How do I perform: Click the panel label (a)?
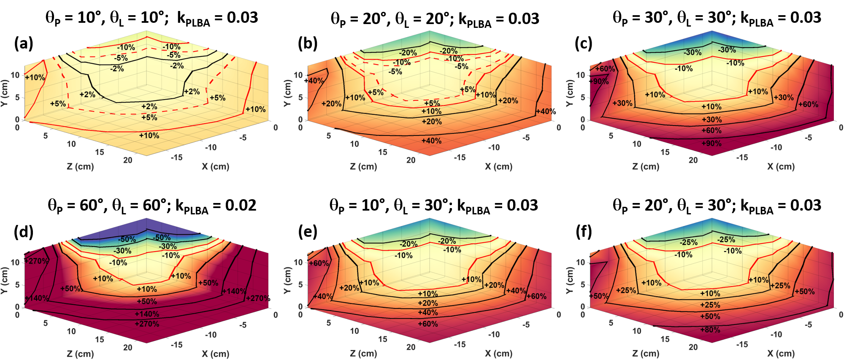click(24, 43)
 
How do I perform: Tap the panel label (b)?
click(307, 43)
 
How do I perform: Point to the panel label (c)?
click(584, 43)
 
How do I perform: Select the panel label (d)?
click(24, 232)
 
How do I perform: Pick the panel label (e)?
click(307, 232)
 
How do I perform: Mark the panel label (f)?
click(584, 232)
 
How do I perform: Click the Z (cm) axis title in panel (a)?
click(80, 166)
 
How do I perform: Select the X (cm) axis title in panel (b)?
click(498, 166)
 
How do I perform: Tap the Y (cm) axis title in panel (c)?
click(570, 93)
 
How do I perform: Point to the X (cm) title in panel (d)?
click(215, 354)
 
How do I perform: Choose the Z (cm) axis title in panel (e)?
click(363, 354)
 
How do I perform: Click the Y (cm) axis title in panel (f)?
click(570, 280)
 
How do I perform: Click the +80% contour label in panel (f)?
click(710, 330)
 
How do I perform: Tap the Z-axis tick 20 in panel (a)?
click(127, 160)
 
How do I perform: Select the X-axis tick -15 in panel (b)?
click(460, 157)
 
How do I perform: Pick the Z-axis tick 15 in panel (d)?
click(100, 339)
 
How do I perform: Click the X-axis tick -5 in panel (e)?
click(526, 325)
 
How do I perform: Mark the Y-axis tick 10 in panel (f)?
click(581, 262)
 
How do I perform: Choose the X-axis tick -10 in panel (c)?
click(776, 147)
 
